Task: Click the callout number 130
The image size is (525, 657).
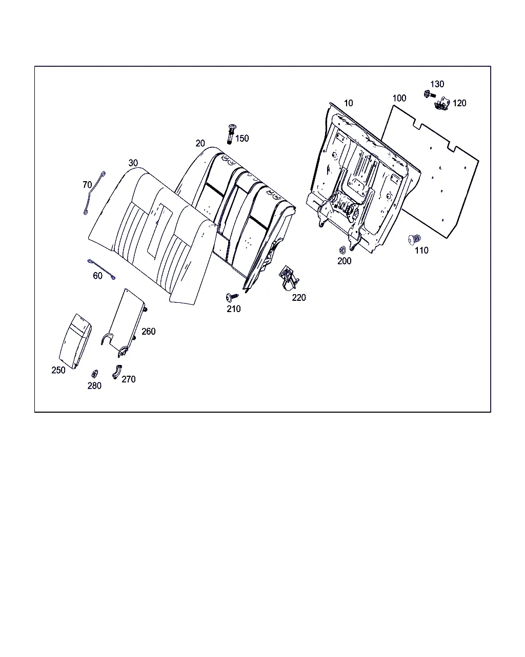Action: coord(437,84)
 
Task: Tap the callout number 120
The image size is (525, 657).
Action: coord(459,103)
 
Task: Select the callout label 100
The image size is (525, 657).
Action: coord(399,99)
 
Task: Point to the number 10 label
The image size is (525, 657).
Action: coord(348,103)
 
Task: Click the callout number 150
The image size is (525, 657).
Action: coord(242,139)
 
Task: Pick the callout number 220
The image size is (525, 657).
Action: coord(299,298)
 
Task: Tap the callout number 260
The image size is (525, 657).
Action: coord(149,332)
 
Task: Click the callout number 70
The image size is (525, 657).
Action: coord(87,185)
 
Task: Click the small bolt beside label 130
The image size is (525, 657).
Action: coord(429,94)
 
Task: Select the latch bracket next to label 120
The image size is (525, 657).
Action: coord(442,104)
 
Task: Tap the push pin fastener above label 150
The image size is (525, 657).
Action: coord(232,134)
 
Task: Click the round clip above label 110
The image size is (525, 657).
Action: coord(415,239)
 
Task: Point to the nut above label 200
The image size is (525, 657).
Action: coord(342,250)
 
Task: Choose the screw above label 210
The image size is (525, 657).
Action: coord(232,297)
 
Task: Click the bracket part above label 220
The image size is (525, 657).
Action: coord(289,278)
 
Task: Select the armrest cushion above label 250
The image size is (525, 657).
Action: coord(75,341)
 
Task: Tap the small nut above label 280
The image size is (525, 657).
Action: coord(94,374)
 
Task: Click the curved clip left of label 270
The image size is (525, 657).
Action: coord(116,372)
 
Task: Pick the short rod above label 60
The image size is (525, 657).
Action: coord(102,269)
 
